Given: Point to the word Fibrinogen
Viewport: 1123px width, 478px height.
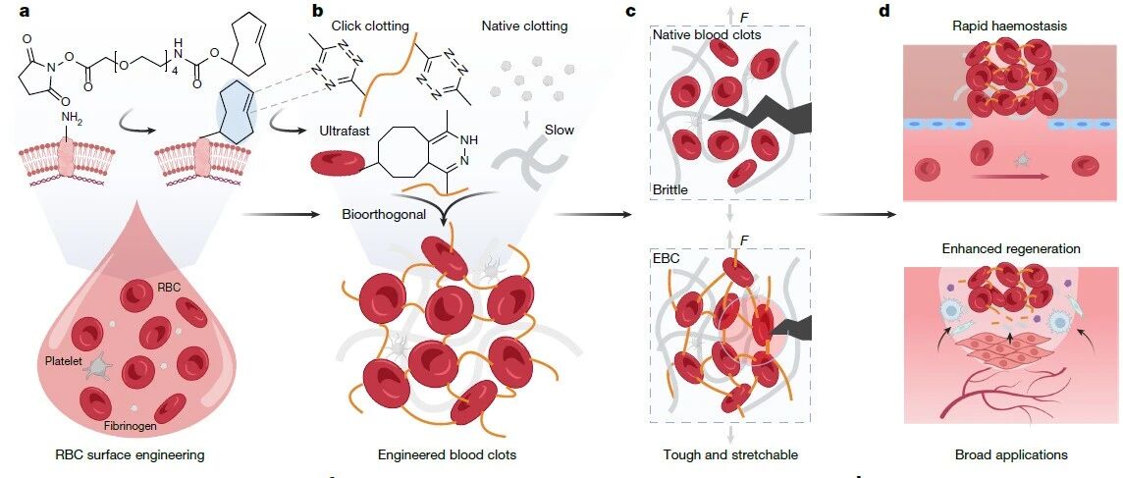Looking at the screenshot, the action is [132, 426].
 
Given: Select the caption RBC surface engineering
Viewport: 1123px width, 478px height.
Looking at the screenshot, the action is [130, 454].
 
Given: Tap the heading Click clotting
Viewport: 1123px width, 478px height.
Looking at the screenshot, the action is [369, 27].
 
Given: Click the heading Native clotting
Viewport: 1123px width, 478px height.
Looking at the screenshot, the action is [525, 27].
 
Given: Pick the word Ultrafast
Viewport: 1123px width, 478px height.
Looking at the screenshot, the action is [343, 132].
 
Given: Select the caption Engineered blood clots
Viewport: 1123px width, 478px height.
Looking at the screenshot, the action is [446, 454].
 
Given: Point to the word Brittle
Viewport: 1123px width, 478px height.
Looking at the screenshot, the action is [670, 190].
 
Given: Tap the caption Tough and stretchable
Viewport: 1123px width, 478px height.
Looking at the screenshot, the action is [729, 454].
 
